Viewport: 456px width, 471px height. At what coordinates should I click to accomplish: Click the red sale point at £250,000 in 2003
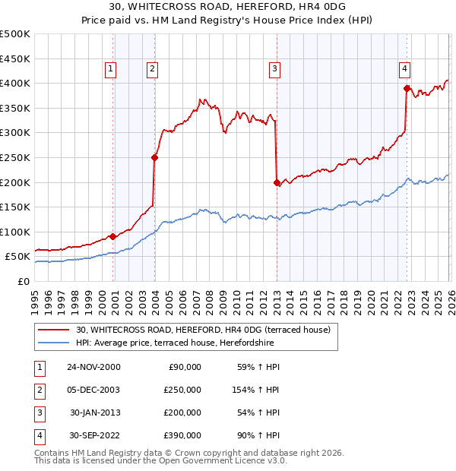click(x=154, y=158)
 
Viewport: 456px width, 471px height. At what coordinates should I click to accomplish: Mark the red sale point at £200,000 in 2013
click(x=277, y=182)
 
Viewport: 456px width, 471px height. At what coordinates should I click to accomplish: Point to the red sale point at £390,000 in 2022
click(x=407, y=89)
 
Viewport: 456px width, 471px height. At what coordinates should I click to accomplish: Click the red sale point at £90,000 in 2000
click(x=113, y=236)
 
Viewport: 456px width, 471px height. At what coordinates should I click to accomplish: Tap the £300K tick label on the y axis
click(x=15, y=133)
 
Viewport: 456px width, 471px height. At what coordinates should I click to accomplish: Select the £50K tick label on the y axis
click(x=18, y=257)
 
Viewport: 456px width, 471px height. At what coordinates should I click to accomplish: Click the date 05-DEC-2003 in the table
click(x=93, y=390)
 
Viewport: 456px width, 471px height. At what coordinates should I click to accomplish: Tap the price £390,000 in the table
click(x=182, y=435)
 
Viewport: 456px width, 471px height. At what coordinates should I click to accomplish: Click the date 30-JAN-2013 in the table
click(x=93, y=413)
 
